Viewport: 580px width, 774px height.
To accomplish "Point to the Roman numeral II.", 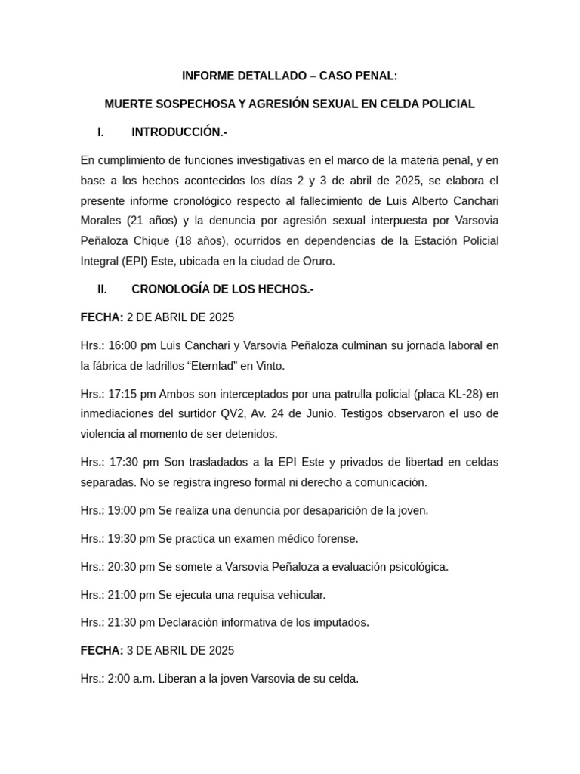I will pos(102,289).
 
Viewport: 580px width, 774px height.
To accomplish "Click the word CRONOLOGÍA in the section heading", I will pos(169,289).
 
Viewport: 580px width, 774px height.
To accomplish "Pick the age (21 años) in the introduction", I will pos(144,221).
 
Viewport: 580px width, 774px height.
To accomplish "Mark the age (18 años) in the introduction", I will pos(197,241).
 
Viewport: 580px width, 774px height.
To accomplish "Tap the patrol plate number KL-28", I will pos(464,394).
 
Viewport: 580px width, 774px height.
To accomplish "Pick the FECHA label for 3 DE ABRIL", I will pos(101,651).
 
